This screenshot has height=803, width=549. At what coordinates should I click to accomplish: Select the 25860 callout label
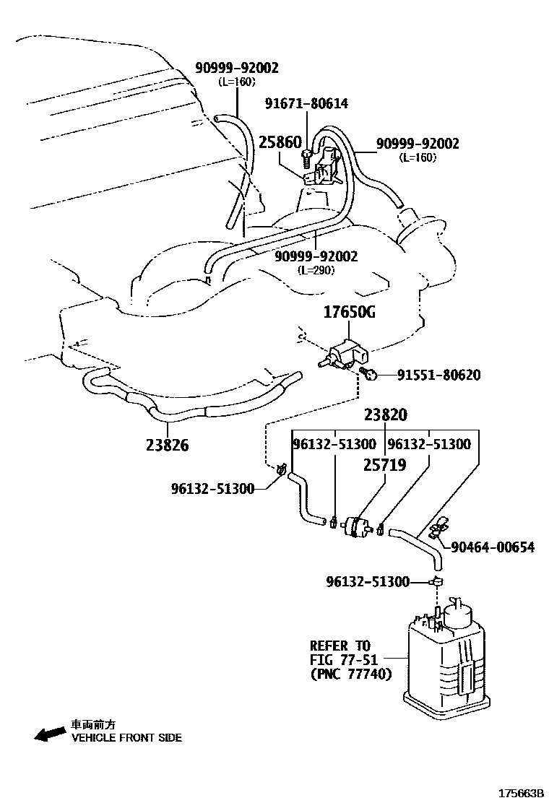[x=280, y=142]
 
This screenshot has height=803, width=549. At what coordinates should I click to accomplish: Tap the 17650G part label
[x=350, y=313]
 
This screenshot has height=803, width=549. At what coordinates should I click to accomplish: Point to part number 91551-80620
[x=438, y=375]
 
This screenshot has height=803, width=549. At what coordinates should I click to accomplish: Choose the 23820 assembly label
[x=385, y=415]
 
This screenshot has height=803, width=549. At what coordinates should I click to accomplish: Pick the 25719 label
[x=384, y=466]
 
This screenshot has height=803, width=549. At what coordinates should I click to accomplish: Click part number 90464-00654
[x=492, y=547]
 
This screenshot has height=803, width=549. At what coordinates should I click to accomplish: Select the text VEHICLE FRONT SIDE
[x=126, y=737]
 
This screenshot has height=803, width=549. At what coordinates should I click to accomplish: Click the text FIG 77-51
[x=341, y=659]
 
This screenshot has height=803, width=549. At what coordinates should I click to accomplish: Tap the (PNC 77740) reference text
[x=351, y=674]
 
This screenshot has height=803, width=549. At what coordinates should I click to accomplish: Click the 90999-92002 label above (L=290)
[x=316, y=256]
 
